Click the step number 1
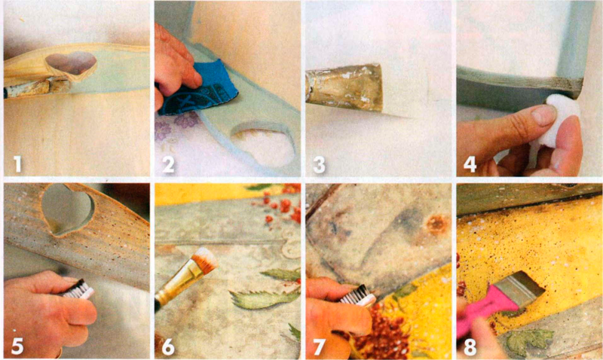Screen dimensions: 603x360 17,163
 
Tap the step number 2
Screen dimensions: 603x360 168,164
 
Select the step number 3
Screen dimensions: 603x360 319,164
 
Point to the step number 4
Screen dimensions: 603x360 470,164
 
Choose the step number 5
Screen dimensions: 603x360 17,346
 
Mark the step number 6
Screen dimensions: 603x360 168,346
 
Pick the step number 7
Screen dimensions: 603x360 319,346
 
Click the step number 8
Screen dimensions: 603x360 470,346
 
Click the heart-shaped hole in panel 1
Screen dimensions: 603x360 71,63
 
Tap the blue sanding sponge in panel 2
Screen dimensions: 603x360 196,90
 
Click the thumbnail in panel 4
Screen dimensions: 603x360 543,114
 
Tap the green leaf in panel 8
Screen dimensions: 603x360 529,340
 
